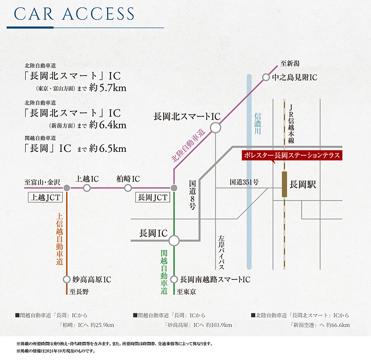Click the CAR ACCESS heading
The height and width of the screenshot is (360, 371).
tap(74, 14)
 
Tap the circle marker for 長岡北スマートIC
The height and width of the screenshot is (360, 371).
tap(215, 128)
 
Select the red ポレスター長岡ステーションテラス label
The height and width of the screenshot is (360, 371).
tap(292, 155)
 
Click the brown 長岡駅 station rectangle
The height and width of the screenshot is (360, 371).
tap(285, 184)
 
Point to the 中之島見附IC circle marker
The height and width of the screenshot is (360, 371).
tap(266, 77)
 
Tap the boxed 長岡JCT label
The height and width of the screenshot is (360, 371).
tap(152, 198)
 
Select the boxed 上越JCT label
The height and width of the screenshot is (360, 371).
tap(45, 198)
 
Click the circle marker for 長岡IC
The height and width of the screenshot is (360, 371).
tap(174, 241)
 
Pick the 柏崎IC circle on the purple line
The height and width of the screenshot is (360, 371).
tap(128, 188)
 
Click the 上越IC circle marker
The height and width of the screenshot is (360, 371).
tap(87, 188)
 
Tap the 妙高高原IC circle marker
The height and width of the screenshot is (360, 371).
tap(67, 279)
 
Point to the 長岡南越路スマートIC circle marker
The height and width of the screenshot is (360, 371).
tap(174, 279)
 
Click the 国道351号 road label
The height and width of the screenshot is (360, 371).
tap(244, 182)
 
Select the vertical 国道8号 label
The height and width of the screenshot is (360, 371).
tap(192, 195)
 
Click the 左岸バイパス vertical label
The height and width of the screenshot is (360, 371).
tap(221, 252)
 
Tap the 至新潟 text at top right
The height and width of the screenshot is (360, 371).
tap(290, 64)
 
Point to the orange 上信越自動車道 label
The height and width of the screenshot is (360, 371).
tap(59, 239)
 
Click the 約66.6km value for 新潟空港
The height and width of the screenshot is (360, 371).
tap(338, 325)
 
